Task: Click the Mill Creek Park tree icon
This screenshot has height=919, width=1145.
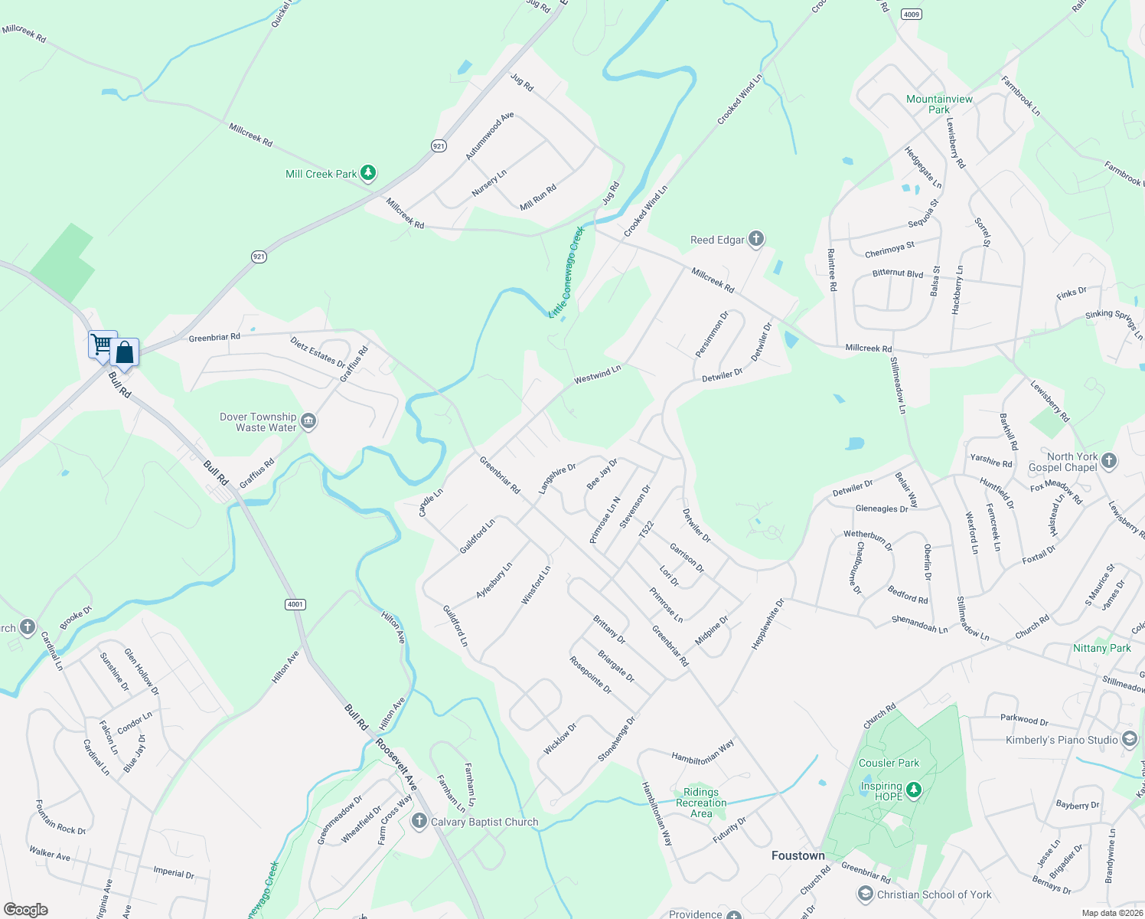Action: [368, 173]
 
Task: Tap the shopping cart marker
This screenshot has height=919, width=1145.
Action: [102, 344]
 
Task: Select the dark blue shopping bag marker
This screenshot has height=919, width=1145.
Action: [124, 352]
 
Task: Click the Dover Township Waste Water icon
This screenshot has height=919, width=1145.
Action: [308, 421]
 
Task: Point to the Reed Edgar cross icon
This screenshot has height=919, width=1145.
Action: [756, 239]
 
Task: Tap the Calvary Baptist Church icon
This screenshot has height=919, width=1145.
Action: [419, 822]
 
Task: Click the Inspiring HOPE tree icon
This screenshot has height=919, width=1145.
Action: [913, 789]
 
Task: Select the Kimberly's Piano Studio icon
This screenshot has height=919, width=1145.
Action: [1130, 739]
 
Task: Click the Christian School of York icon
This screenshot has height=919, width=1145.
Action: [865, 894]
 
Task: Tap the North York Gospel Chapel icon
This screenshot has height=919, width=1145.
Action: [1109, 461]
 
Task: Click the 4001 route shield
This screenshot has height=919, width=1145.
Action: [295, 604]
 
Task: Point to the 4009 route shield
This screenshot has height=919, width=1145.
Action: [911, 14]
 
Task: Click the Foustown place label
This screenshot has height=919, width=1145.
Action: [798, 855]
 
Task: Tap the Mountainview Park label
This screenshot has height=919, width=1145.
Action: [939, 104]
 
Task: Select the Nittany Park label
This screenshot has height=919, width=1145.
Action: [1101, 648]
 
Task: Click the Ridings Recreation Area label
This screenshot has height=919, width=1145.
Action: [701, 803]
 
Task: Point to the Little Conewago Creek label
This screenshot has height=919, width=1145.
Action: [567, 272]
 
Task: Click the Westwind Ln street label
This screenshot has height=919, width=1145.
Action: [597, 374]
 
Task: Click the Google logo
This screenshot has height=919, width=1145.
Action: [26, 909]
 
